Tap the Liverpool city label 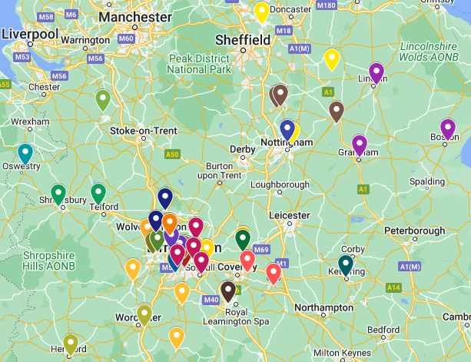30,35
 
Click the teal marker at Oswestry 25,153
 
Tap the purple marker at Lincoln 376,72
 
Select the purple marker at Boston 448,128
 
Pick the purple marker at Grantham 360,144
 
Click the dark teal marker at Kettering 346,264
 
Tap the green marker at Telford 98,193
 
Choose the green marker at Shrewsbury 58,194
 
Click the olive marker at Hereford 71,344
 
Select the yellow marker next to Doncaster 262,12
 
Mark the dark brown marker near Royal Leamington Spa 228,291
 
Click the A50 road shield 172,154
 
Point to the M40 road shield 209,299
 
